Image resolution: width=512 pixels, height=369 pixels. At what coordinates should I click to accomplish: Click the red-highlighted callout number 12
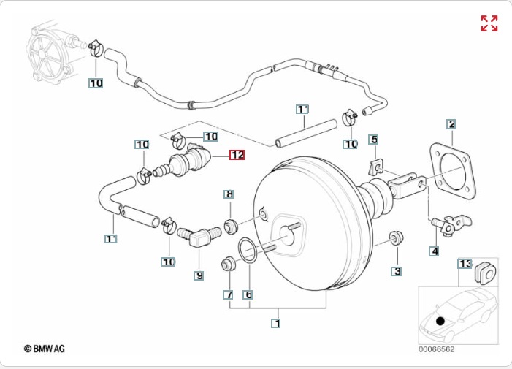point(237,155)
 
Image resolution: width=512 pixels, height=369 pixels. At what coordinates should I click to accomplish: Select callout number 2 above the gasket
point(451,124)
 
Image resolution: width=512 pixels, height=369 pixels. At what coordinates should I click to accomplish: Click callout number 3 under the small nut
point(434,251)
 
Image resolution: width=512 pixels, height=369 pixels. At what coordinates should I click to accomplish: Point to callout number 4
point(373,140)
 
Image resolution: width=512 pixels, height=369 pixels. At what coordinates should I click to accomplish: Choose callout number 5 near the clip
point(248,294)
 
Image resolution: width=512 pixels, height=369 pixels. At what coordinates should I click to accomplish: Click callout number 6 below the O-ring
point(228,294)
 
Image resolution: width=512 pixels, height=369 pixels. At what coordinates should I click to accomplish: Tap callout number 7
point(229,194)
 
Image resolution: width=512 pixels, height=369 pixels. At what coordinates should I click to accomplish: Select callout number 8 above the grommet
point(199,275)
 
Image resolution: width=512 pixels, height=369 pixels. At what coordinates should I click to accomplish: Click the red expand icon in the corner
point(489,23)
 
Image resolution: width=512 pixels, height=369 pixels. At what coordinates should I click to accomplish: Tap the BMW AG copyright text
point(45,349)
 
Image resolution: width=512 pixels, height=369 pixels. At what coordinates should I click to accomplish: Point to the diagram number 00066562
point(436,349)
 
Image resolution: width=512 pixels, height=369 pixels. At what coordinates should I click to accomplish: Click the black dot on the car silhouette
point(440,321)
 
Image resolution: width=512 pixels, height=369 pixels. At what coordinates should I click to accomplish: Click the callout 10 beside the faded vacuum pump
point(96,83)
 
